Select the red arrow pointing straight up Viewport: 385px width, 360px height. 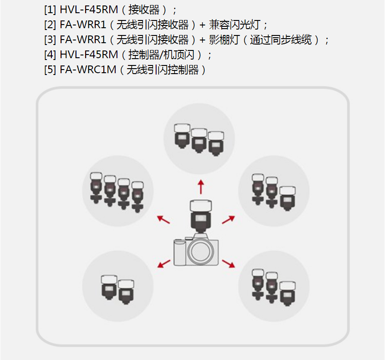[x=200, y=186]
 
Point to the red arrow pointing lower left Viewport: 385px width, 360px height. [x=164, y=263]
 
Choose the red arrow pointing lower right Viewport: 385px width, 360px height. [x=228, y=263]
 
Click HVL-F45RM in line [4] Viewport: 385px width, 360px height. [x=89, y=55]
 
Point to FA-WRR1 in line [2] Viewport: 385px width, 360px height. [x=82, y=25]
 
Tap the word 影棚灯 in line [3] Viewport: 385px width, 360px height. [x=223, y=40]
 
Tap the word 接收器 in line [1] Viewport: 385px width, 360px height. [x=144, y=9]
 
